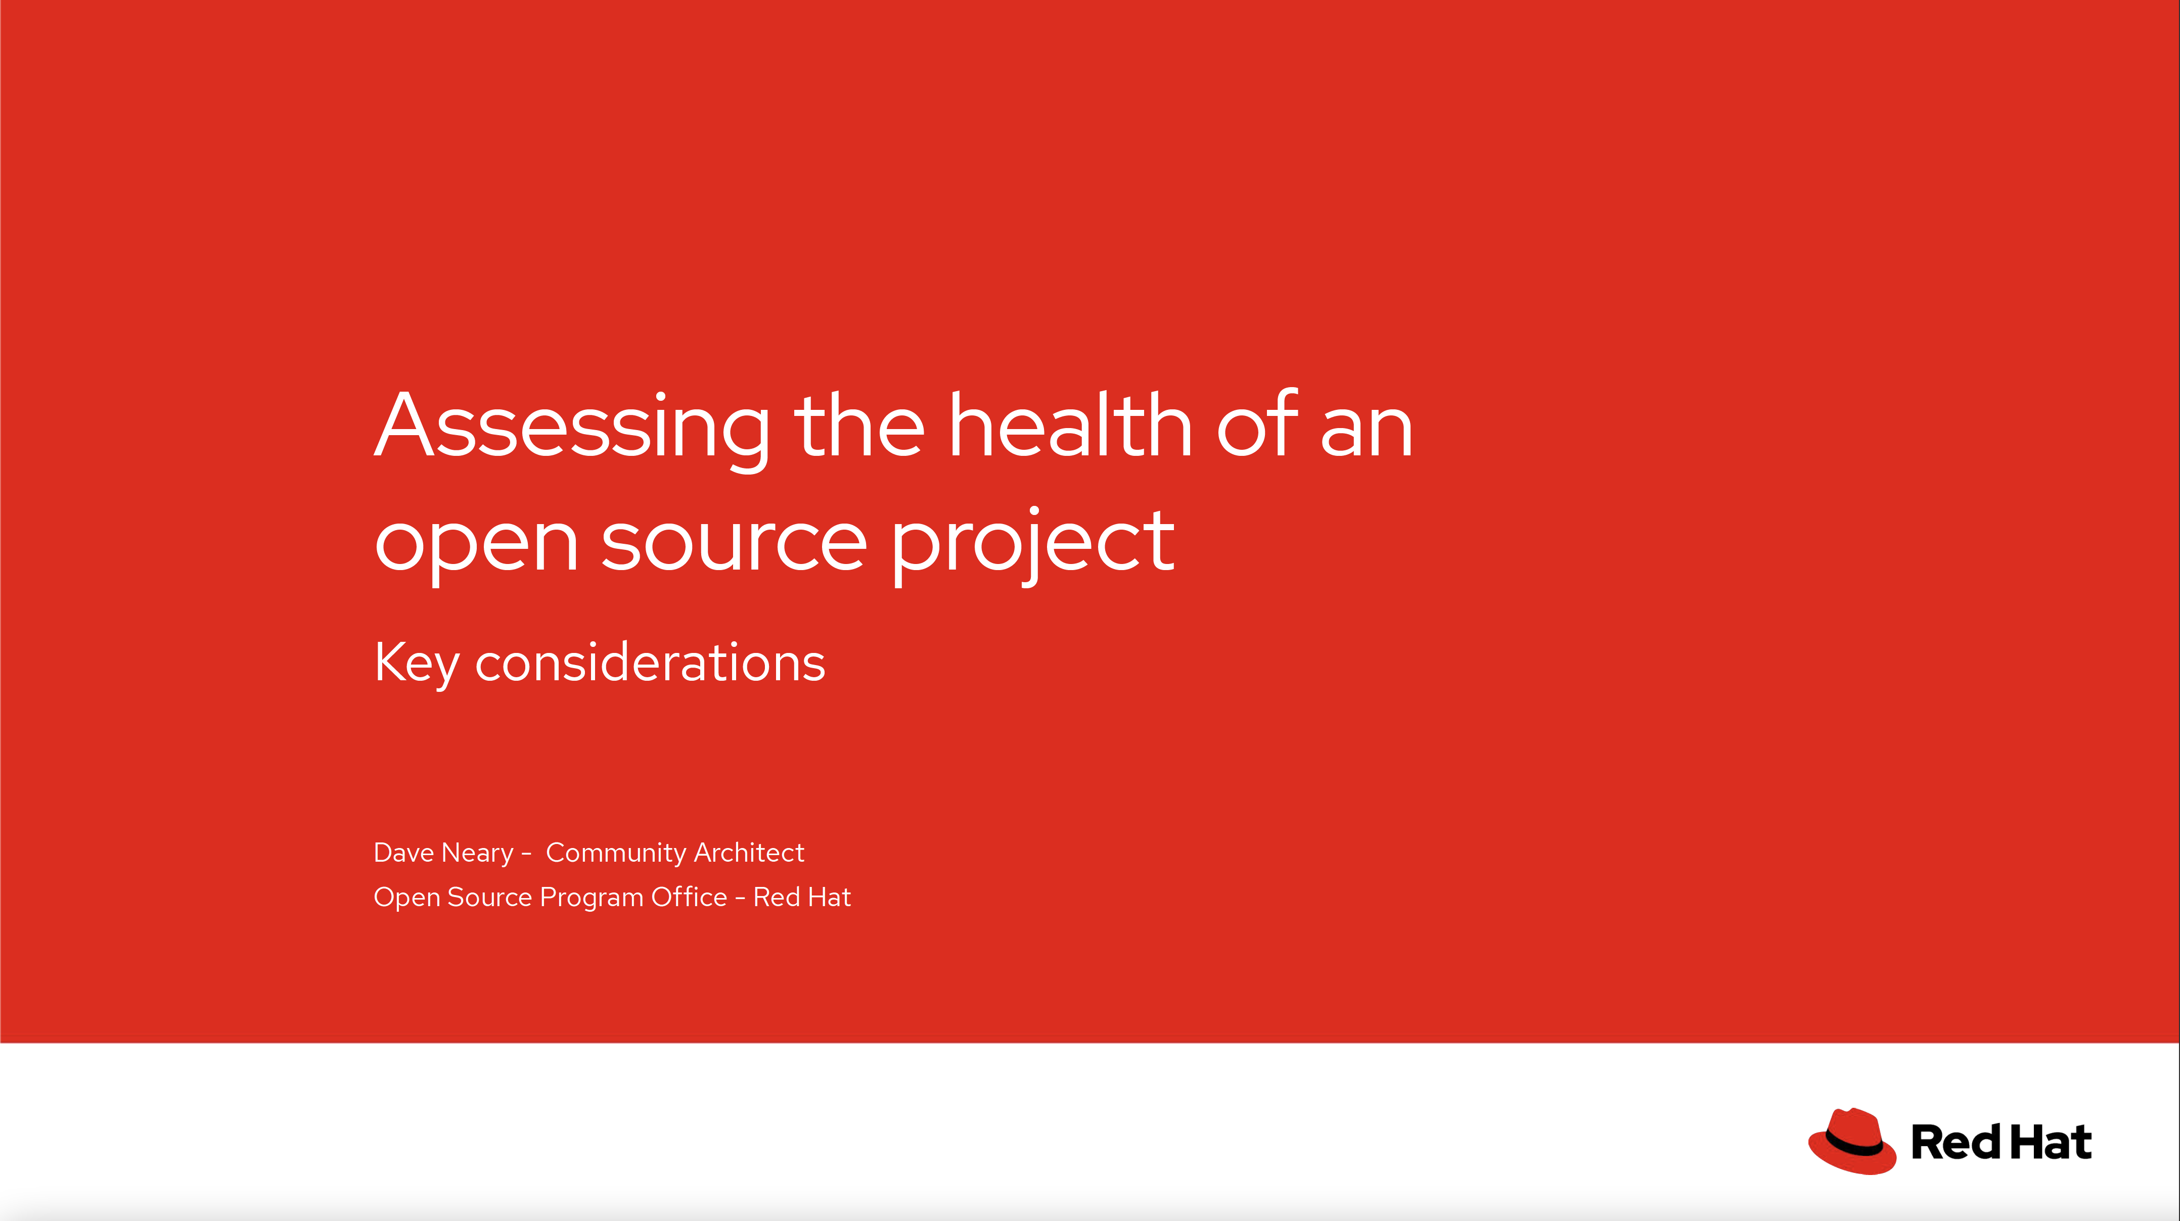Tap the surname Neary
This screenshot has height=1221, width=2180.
pyautogui.click(x=477, y=854)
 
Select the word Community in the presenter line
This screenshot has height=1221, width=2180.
pyautogui.click(x=615, y=854)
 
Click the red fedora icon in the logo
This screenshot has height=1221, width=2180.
pyautogui.click(x=1852, y=1142)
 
